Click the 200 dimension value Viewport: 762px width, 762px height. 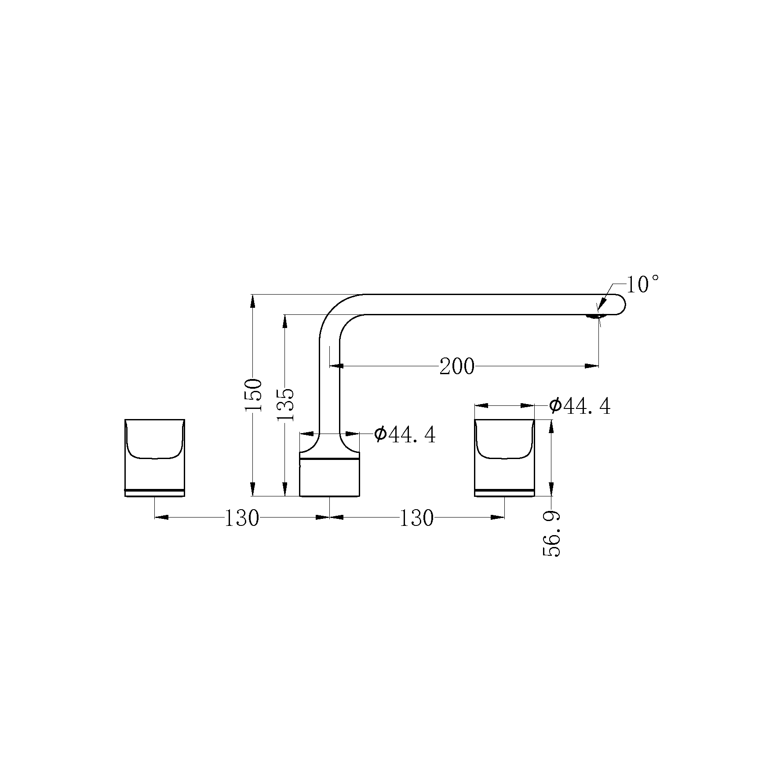point(457,366)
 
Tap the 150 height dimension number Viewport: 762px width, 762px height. point(254,395)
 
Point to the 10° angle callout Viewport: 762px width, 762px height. point(642,284)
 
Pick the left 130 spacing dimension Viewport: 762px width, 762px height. point(242,518)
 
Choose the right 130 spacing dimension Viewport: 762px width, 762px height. point(416,518)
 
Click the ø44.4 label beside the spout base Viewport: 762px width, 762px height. point(405,434)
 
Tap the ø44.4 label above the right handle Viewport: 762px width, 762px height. point(580,406)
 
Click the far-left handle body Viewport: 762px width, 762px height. point(154,458)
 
